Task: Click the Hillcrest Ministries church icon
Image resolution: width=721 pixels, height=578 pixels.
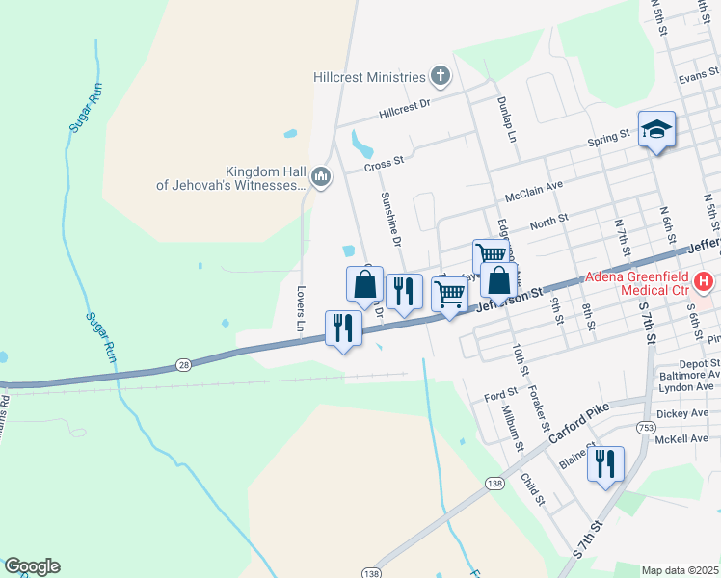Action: pyautogui.click(x=441, y=76)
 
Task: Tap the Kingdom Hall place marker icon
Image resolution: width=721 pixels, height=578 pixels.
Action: pyautogui.click(x=321, y=175)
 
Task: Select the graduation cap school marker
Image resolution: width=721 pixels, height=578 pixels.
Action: pyautogui.click(x=656, y=130)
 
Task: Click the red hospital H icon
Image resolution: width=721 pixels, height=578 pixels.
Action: pyautogui.click(x=707, y=282)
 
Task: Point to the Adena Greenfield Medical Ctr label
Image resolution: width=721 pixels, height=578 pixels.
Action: pyautogui.click(x=637, y=282)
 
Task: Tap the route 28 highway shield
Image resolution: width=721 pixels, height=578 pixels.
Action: pyautogui.click(x=182, y=364)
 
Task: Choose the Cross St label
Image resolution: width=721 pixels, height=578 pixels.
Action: pyautogui.click(x=383, y=166)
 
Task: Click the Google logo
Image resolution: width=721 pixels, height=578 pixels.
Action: pyautogui.click(x=32, y=566)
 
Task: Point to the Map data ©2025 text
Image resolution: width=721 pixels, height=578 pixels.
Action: pyautogui.click(x=680, y=570)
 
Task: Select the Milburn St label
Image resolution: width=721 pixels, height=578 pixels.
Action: pyautogui.click(x=511, y=426)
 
